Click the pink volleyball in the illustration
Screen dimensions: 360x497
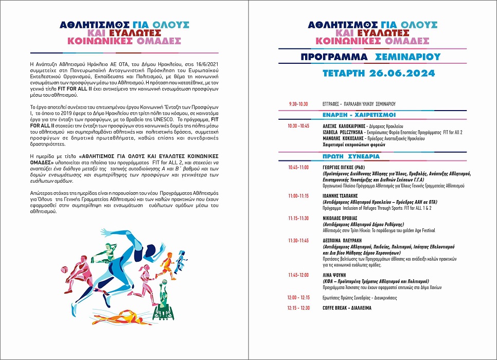(x=64, y=269)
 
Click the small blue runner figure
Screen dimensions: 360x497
(x=180, y=262)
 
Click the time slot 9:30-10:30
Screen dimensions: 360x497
(x=297, y=104)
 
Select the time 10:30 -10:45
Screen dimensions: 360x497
(x=298, y=125)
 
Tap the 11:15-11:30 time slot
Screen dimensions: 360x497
(x=298, y=218)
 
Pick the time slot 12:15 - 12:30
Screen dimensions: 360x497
(x=298, y=308)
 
